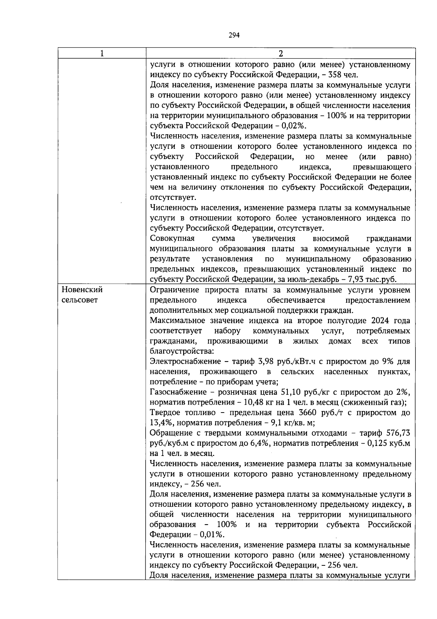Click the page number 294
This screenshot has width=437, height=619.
point(234,35)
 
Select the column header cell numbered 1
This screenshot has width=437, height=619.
point(102,53)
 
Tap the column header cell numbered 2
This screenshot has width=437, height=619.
point(280,53)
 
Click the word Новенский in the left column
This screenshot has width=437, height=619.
point(82,290)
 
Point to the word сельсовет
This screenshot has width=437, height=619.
point(80,300)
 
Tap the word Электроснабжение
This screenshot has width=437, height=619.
point(185,361)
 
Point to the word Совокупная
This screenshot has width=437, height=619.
point(172,239)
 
